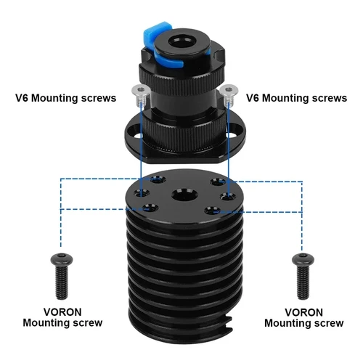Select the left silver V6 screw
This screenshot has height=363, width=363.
140,91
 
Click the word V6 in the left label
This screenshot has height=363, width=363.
23,97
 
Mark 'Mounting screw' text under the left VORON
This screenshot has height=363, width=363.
62,323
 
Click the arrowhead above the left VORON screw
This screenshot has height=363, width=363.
61,247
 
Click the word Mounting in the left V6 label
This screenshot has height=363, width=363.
60,97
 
